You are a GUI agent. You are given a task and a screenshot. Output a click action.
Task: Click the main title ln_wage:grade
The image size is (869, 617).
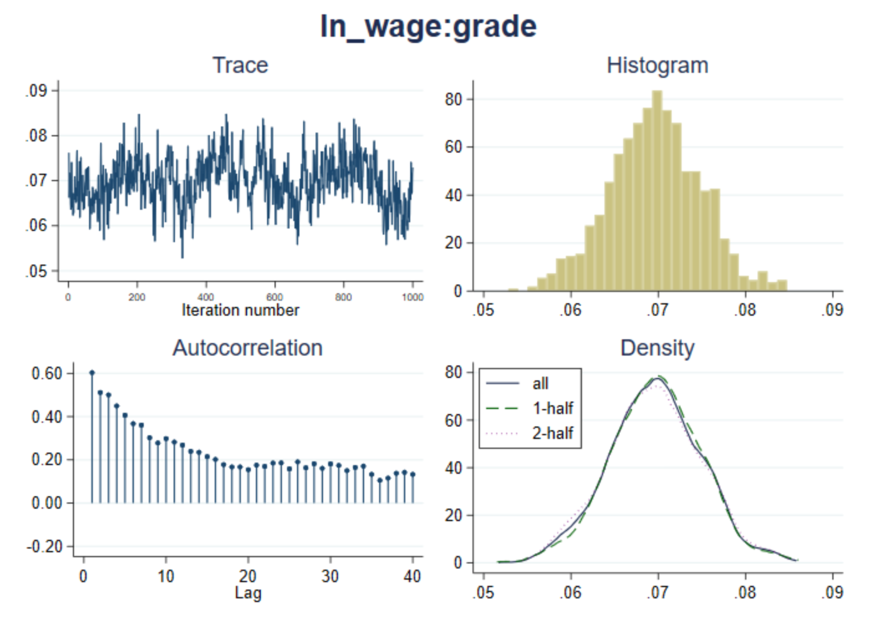click(x=428, y=26)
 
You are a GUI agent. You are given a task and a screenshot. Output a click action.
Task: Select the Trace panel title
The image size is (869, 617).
click(x=240, y=65)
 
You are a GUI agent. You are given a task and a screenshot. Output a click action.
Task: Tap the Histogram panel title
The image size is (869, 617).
click(x=657, y=65)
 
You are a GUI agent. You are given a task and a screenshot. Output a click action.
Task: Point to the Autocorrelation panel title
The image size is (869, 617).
click(x=247, y=348)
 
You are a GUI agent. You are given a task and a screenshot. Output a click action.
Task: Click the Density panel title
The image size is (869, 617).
click(x=657, y=348)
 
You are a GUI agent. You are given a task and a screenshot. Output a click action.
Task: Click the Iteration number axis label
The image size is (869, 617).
click(x=240, y=310)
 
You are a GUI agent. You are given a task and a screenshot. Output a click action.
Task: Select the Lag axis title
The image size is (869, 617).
click(x=248, y=593)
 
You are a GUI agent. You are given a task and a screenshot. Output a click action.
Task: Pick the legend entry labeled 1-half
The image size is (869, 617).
click(x=552, y=408)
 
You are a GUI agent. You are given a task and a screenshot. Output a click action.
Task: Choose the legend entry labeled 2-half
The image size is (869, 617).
click(x=552, y=433)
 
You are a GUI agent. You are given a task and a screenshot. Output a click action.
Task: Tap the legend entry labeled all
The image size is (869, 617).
click(x=540, y=384)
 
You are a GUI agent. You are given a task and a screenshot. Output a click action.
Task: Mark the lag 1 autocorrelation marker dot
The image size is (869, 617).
click(x=92, y=373)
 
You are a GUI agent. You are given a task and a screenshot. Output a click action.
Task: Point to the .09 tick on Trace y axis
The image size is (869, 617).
click(x=37, y=91)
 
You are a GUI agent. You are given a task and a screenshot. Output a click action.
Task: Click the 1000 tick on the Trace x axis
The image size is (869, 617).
click(x=412, y=298)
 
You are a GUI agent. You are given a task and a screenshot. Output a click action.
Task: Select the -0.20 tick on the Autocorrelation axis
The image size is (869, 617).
click(x=45, y=547)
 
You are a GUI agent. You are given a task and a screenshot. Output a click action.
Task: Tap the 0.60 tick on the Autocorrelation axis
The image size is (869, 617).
click(x=47, y=374)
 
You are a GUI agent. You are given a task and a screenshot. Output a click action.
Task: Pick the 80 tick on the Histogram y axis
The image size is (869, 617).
click(x=454, y=100)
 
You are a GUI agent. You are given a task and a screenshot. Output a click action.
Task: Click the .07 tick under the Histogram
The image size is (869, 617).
click(x=658, y=309)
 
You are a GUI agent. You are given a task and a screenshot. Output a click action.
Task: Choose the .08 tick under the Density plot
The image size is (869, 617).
click(x=746, y=591)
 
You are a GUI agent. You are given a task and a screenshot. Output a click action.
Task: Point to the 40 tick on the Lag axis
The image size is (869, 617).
click(x=412, y=577)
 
